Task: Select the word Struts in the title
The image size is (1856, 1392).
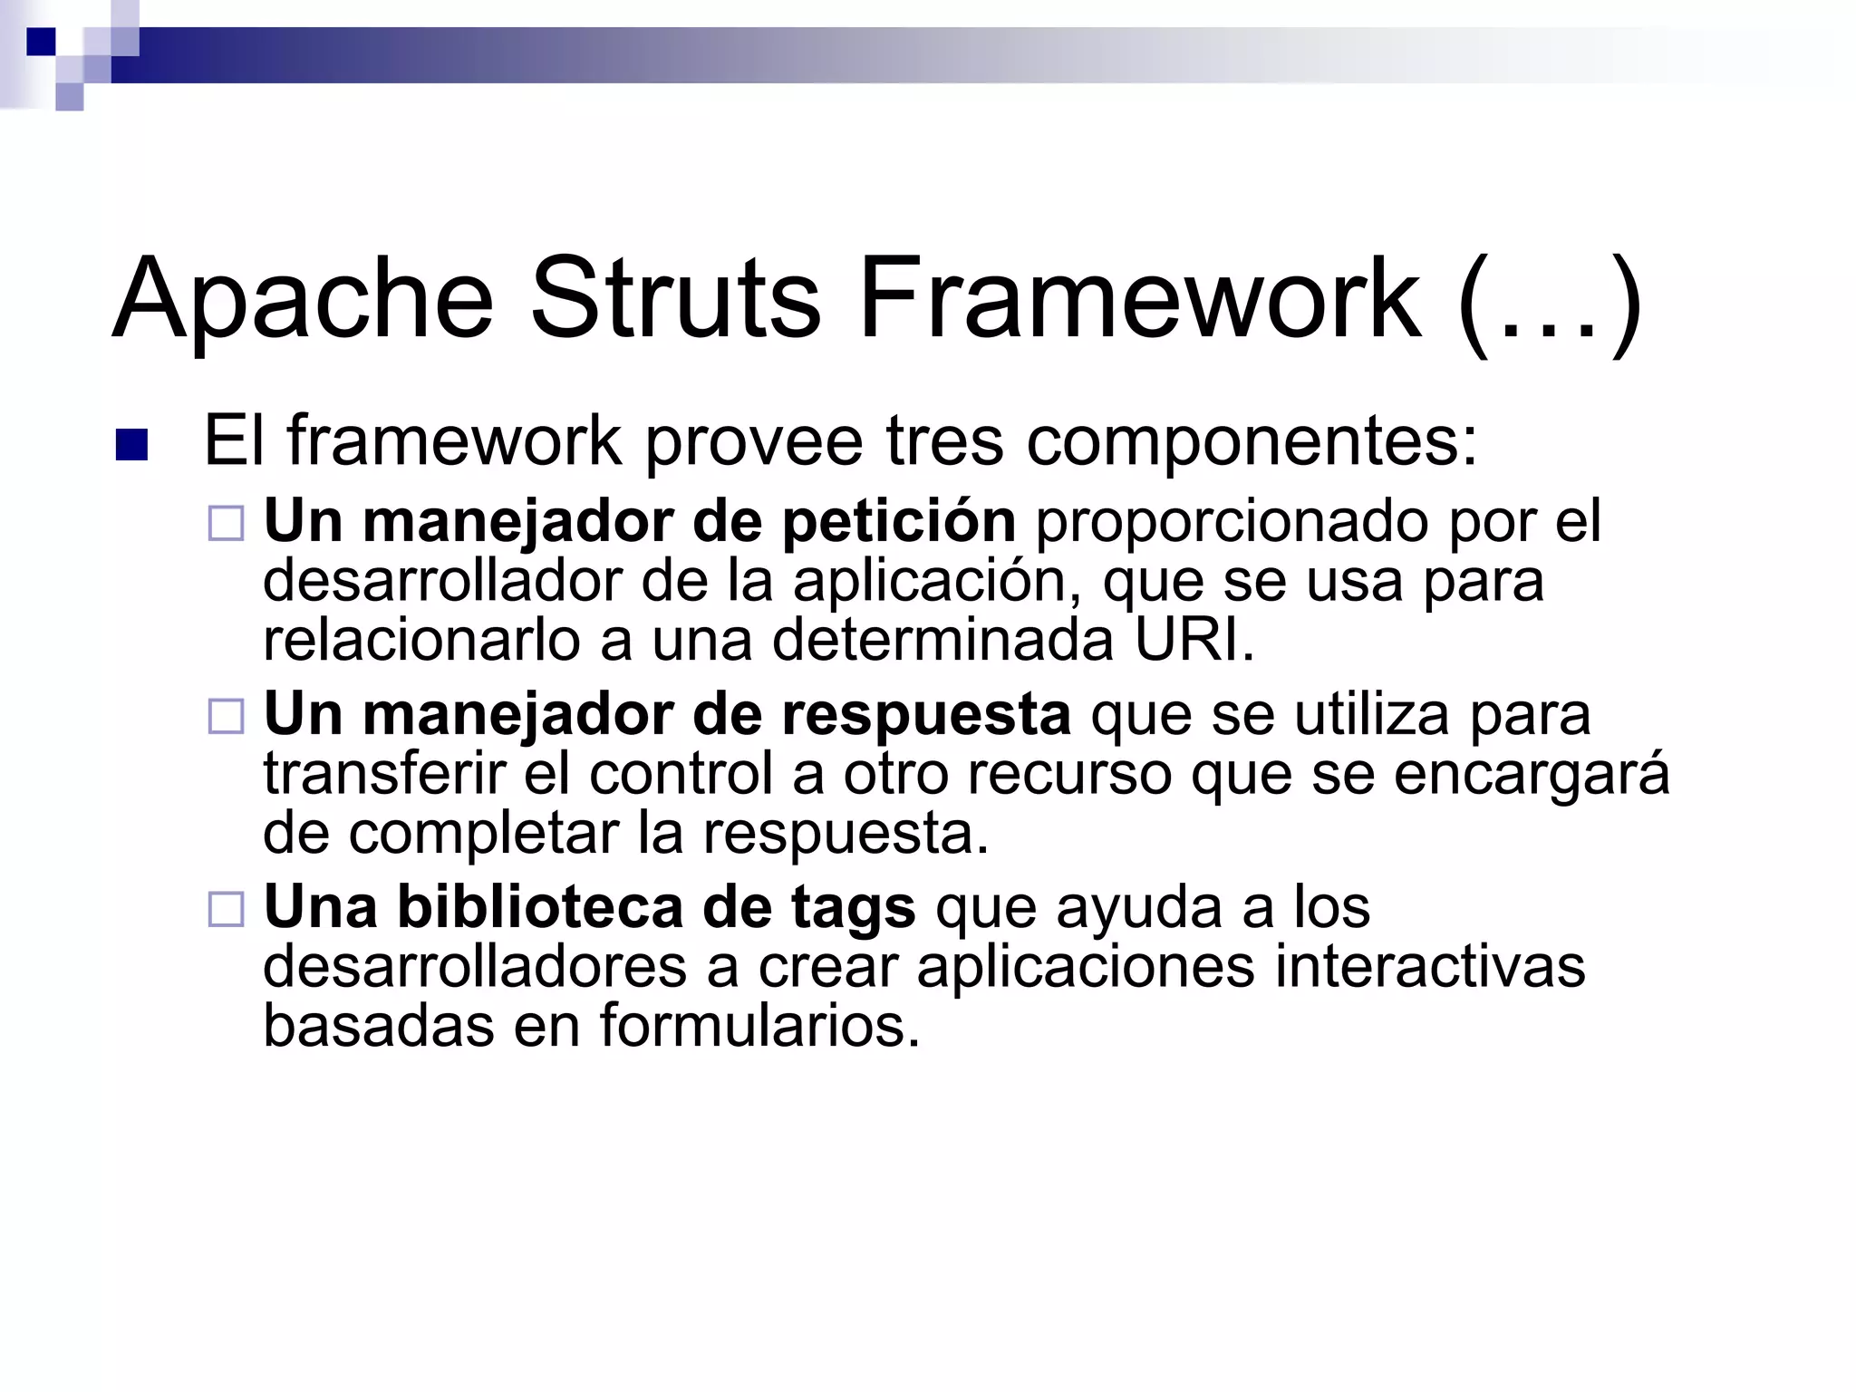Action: coord(675,299)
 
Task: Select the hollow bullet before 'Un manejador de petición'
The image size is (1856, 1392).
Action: coord(227,524)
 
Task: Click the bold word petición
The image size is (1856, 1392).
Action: coord(898,523)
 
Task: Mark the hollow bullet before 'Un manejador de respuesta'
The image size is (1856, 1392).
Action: coord(227,717)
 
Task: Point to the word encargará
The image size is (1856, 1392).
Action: coord(1531,774)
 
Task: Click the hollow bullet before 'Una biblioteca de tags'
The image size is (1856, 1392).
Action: coord(227,909)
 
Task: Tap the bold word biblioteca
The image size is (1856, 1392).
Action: coord(539,907)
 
